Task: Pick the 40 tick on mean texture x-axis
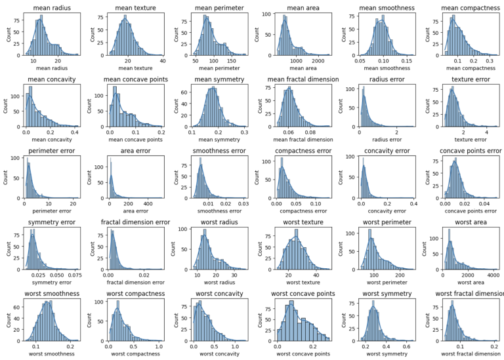[x=161, y=61]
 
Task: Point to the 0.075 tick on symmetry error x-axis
[x=74, y=275]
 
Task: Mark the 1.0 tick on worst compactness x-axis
[x=159, y=346]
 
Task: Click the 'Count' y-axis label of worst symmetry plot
[x=344, y=320]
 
